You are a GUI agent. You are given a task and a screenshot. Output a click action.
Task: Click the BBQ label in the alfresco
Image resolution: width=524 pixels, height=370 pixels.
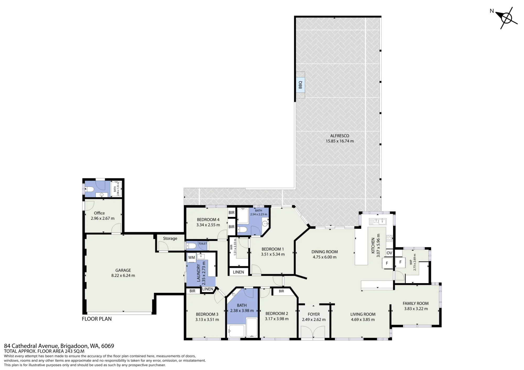(300, 85)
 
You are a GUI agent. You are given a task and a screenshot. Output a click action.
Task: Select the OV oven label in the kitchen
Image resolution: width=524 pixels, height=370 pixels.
(389, 253)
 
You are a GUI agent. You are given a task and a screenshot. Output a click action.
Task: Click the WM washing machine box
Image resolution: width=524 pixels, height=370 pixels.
(192, 257)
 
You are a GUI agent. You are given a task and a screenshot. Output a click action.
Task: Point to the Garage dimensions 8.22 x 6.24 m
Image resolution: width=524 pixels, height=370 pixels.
(123, 275)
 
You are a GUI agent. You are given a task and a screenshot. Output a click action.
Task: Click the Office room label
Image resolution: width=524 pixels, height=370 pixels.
(99, 213)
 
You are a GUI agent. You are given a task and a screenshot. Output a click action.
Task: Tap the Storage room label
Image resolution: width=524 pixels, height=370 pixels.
(170, 238)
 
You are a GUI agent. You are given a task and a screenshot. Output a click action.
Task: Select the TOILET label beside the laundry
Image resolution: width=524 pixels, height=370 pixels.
(203, 244)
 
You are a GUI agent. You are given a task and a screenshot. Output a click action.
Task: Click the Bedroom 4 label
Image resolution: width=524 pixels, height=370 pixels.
(208, 220)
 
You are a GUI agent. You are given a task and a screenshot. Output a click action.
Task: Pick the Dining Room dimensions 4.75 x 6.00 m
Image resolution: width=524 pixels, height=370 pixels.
(325, 257)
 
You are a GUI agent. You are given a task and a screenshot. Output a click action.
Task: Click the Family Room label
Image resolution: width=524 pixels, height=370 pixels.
(416, 303)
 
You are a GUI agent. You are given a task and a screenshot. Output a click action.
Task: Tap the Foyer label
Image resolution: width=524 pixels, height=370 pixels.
(314, 314)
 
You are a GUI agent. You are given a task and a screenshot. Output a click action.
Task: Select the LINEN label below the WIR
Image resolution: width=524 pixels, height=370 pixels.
(238, 272)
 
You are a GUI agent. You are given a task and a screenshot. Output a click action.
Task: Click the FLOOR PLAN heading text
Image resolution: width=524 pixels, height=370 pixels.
(97, 319)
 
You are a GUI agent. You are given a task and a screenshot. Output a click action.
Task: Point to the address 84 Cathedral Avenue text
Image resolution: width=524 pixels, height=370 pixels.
(31, 346)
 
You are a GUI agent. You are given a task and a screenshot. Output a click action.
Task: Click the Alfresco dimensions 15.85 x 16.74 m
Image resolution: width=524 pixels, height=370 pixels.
(340, 141)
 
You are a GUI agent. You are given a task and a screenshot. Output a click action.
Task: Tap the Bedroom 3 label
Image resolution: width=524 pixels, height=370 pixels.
(207, 314)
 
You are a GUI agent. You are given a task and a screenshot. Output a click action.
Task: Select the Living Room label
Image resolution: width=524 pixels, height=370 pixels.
(363, 314)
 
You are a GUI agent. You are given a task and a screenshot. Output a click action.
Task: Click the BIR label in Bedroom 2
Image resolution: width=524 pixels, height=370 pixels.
(281, 291)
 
